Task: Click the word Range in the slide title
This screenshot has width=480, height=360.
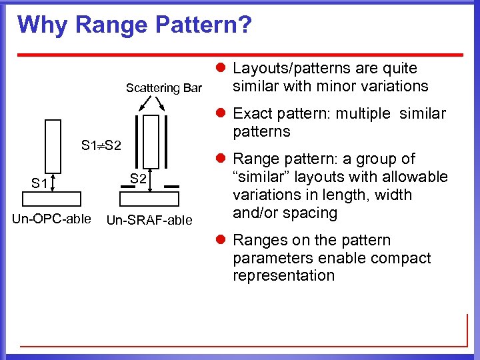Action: point(111,25)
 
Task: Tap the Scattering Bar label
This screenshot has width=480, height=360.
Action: point(164,88)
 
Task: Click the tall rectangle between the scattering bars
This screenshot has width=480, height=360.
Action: point(152,141)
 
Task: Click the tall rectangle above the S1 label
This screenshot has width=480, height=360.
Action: point(53,145)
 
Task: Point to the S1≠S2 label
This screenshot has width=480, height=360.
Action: point(101,145)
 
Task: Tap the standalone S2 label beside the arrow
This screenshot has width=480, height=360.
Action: point(138,179)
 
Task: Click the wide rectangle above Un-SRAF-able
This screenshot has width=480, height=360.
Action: point(149,199)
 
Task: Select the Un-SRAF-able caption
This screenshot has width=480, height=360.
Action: point(149,220)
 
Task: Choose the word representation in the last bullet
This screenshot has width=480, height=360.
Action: point(283,276)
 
